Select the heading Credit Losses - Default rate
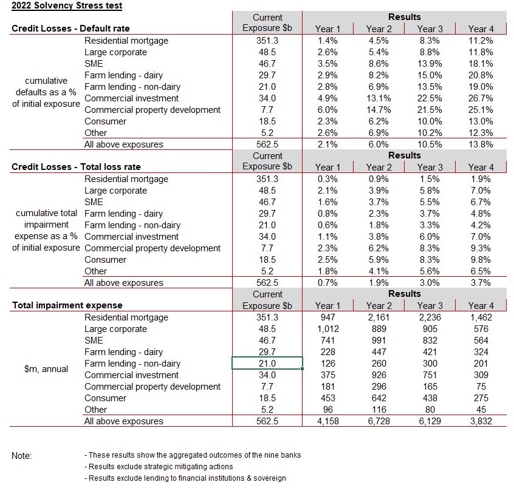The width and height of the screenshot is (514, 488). click(x=70, y=29)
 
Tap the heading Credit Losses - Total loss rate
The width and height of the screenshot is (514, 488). click(x=76, y=167)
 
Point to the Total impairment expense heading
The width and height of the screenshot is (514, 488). click(x=67, y=305)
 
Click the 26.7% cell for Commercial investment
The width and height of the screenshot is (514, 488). click(x=480, y=98)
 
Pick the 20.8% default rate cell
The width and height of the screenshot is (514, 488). click(x=480, y=75)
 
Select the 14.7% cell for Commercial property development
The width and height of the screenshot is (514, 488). click(x=379, y=110)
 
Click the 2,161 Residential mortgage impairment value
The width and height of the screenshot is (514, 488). click(x=379, y=317)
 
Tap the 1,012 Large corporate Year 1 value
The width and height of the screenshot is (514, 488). click(x=328, y=329)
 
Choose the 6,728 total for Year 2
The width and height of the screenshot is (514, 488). click(x=379, y=421)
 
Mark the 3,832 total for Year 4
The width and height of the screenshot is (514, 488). click(x=480, y=421)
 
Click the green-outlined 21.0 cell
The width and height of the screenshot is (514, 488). click(x=267, y=364)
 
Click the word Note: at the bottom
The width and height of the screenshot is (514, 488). click(x=22, y=455)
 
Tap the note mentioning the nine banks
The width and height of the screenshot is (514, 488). click(x=193, y=455)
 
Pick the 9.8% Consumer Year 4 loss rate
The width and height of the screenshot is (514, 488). click(x=480, y=260)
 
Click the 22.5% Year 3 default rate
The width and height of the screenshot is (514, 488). click(x=430, y=98)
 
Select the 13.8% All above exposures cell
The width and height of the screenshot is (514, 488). click(x=480, y=144)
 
